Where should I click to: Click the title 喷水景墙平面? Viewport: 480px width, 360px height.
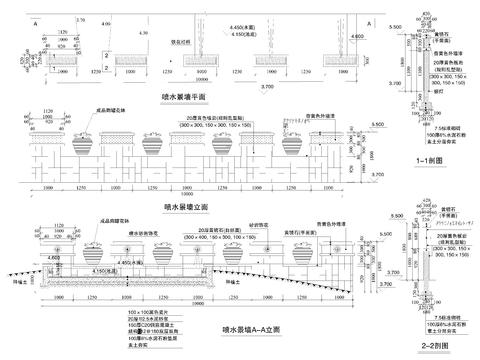coord(185,96)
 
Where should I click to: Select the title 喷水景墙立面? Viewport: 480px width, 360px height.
coord(185,206)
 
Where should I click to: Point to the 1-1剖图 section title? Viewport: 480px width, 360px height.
coord(430,160)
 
